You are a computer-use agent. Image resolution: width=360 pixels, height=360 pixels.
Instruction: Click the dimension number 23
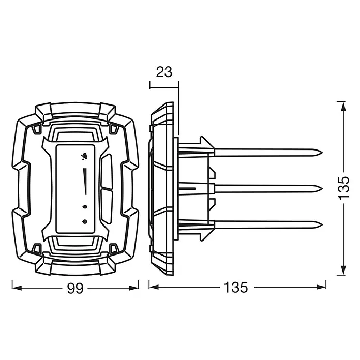(164, 72)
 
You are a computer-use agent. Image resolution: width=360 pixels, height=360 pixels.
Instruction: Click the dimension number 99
(75, 288)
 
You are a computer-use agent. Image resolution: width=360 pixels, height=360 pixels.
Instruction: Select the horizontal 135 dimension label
(236, 287)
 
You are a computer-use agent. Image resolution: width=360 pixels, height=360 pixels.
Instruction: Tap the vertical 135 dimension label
(344, 188)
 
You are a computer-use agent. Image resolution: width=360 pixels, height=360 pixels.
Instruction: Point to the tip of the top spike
(322, 153)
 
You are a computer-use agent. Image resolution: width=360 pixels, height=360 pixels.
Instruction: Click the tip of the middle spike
(322, 189)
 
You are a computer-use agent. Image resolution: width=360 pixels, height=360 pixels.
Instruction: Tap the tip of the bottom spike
(322, 225)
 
